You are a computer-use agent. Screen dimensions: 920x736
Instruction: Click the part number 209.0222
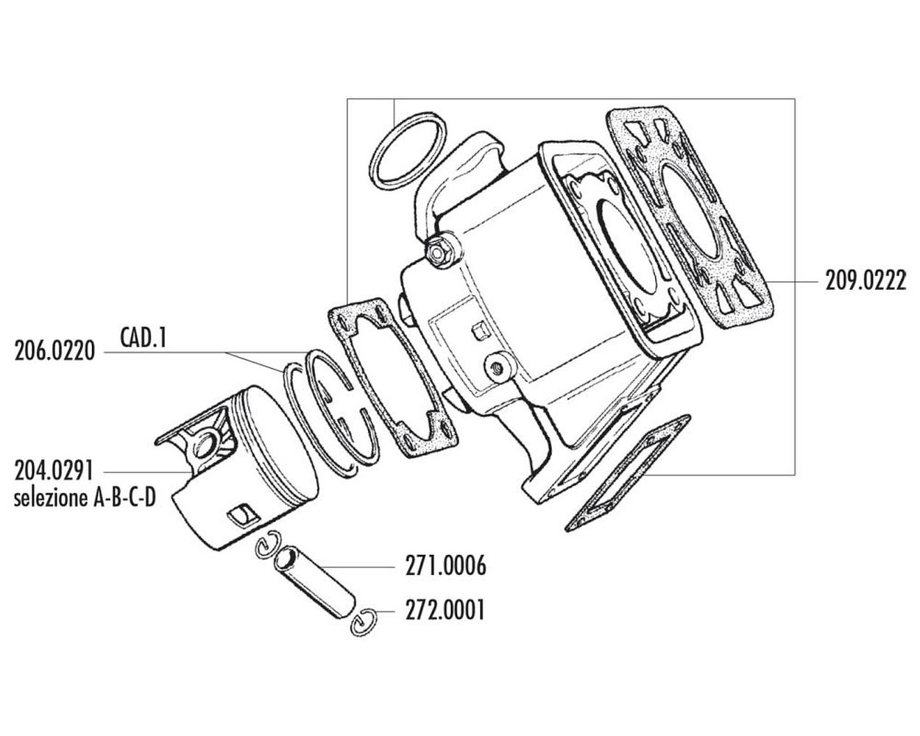coord(866,282)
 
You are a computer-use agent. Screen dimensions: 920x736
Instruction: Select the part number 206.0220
coord(54,352)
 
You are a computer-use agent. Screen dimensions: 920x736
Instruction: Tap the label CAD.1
coord(144,337)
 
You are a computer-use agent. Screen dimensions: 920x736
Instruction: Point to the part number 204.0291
coord(54,471)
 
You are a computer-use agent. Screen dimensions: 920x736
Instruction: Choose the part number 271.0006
coord(445,565)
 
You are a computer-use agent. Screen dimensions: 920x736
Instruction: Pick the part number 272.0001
coord(445,610)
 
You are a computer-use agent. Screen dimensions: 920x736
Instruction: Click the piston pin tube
coord(315,584)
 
